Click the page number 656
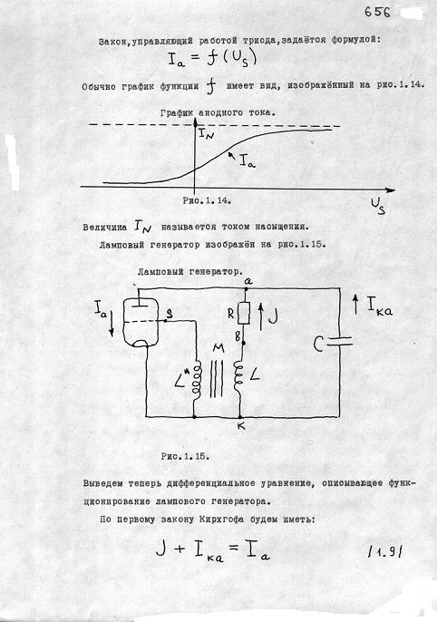tap(377, 12)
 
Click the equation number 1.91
tap(384, 551)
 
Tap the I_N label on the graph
tap(206, 134)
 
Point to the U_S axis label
tap(378, 207)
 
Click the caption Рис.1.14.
tap(207, 200)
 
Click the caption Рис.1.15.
tap(185, 456)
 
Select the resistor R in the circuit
tap(245, 314)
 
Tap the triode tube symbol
tap(141, 321)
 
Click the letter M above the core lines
tap(218, 348)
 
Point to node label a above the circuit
tap(248, 281)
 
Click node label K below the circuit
tap(241, 426)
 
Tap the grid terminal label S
tap(170, 314)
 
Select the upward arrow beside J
tap(261, 316)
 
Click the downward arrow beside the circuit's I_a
tap(112, 323)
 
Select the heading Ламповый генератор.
tap(190, 272)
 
